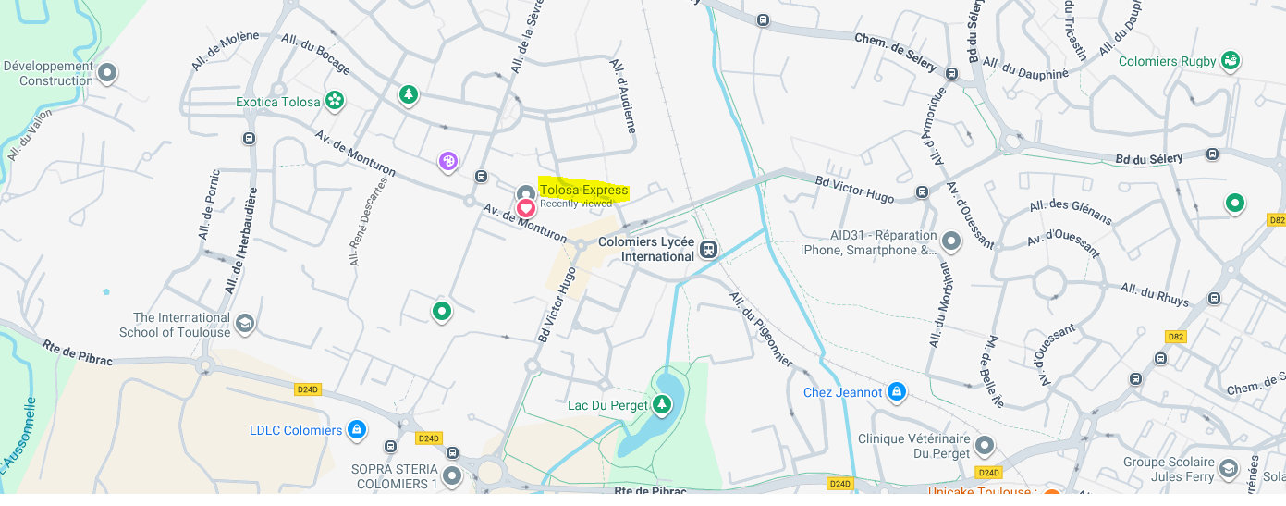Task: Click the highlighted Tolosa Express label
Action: (583, 191)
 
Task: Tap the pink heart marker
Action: (525, 208)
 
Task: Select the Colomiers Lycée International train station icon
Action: (708, 249)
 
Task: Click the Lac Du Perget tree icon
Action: (661, 403)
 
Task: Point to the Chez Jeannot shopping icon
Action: (895, 392)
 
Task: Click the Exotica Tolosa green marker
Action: (335, 100)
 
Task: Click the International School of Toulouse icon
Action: (244, 324)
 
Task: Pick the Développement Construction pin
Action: (107, 72)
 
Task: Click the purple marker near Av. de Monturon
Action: (448, 162)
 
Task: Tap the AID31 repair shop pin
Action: (951, 241)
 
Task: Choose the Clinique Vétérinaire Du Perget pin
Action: (985, 446)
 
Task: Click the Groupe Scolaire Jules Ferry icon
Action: (1228, 469)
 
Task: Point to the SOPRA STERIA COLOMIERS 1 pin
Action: (451, 475)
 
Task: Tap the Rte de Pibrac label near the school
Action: (77, 352)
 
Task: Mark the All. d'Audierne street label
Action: (623, 96)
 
